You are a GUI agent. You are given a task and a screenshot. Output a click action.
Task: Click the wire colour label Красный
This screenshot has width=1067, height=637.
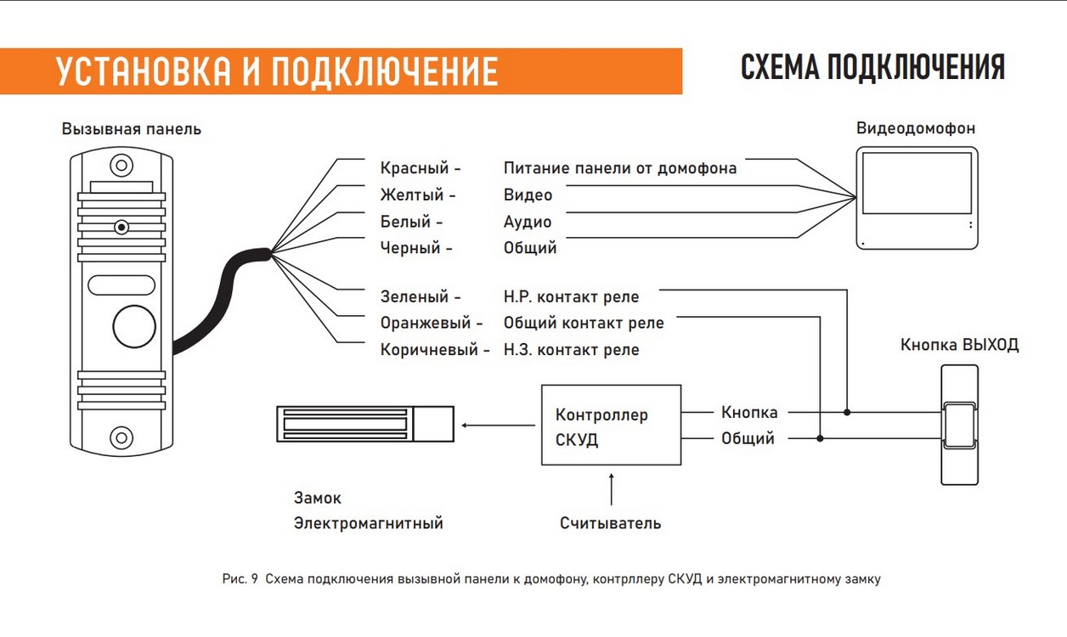[x=415, y=168]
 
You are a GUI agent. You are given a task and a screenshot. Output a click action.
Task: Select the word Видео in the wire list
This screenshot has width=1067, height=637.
[x=528, y=194]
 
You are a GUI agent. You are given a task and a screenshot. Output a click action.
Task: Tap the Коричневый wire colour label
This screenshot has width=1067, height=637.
[x=429, y=349]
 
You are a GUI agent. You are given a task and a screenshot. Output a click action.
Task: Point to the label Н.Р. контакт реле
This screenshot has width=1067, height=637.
[x=571, y=296]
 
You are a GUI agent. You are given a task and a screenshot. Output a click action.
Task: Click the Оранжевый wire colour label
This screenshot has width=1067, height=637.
[x=426, y=323]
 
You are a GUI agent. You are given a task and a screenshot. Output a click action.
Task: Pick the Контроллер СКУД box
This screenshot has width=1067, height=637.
[x=611, y=425]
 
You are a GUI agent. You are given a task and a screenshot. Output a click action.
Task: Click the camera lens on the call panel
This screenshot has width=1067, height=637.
[x=121, y=227]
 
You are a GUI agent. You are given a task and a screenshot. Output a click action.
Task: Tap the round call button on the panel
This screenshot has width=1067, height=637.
[x=134, y=327]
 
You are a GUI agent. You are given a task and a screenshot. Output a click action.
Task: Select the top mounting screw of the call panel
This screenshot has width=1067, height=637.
[x=121, y=166]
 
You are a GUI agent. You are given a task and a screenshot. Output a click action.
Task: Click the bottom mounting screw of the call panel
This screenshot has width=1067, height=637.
[x=121, y=437]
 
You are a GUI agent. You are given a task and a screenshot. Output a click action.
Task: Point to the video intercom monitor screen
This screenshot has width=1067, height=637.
[x=917, y=183]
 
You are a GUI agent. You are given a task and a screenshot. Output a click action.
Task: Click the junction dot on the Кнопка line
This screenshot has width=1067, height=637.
[x=847, y=412]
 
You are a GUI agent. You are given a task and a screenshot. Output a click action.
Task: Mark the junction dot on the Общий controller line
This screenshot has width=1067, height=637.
[x=820, y=438]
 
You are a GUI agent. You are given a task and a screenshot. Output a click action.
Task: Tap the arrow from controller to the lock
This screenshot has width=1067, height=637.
[x=499, y=426]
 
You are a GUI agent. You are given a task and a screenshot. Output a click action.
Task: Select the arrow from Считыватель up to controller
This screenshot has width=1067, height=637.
[x=611, y=489]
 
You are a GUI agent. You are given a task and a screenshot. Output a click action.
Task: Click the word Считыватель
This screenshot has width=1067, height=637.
[x=610, y=523]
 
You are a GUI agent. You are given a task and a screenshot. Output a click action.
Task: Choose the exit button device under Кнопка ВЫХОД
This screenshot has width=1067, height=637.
[x=959, y=425]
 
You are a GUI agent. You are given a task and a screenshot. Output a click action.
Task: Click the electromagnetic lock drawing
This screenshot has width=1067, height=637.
[x=365, y=424]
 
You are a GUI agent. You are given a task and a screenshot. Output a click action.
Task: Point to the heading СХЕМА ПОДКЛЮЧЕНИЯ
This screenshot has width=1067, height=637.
[x=872, y=67]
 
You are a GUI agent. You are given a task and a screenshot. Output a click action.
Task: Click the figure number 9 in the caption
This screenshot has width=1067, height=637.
[x=254, y=579]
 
